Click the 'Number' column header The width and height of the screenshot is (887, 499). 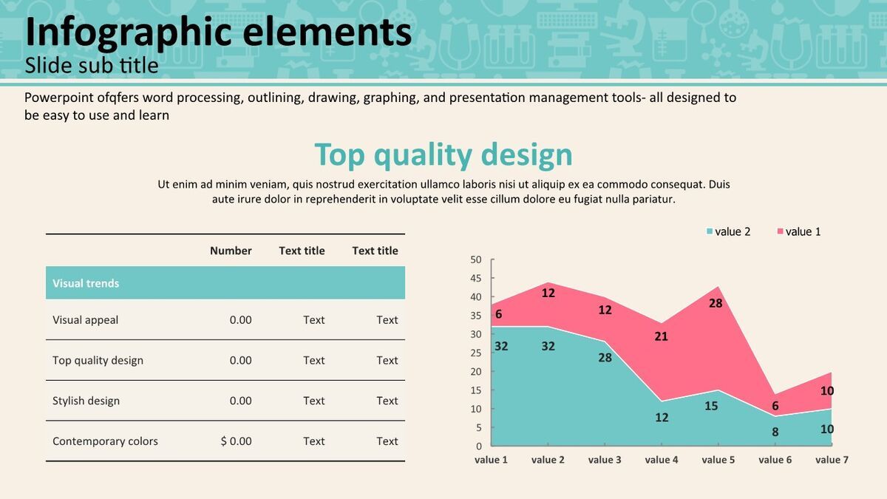pos(231,251)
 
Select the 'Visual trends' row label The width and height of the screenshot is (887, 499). pos(86,283)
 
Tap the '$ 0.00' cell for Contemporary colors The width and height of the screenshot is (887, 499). pos(236,441)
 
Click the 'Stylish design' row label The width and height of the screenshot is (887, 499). pos(86,401)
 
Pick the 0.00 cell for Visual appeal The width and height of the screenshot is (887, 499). pos(240,319)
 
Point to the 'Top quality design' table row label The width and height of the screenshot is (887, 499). pos(98,361)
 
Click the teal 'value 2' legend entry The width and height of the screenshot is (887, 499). pos(729,231)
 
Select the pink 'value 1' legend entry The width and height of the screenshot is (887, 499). pos(799,231)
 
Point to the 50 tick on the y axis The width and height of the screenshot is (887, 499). pos(476,259)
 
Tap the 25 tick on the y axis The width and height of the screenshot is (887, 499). pos(476,353)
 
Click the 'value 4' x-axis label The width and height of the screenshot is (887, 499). pos(662,460)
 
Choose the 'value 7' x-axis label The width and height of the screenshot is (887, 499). pos(832,460)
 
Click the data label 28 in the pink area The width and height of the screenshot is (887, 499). pos(716,303)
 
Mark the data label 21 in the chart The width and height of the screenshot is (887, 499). pos(661,336)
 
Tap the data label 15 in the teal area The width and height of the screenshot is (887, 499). pos(711,406)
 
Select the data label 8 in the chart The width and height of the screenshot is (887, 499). pos(775,432)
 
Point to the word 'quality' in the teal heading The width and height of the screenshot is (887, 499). pos(423,156)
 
